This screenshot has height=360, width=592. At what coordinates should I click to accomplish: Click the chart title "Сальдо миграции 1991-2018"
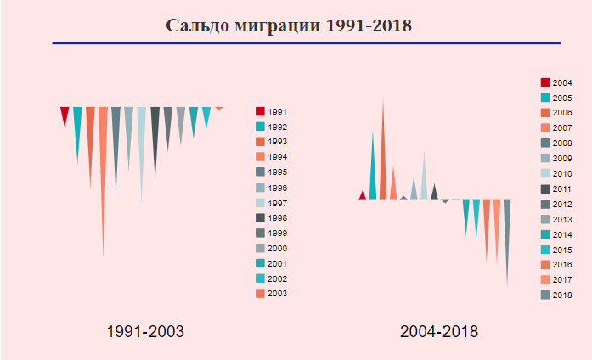tap(289, 25)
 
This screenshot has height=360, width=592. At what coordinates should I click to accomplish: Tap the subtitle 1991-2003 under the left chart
tap(145, 331)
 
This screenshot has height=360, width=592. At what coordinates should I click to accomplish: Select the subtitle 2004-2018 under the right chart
tap(439, 331)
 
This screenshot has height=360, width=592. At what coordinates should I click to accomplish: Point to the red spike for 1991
tap(65, 114)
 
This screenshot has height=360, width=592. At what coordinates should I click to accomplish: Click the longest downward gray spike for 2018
tap(507, 229)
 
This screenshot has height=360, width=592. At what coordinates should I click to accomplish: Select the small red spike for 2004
tap(363, 196)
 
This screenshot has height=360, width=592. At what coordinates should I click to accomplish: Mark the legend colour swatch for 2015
tap(545, 250)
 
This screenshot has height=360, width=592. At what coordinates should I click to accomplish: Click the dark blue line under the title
tap(306, 42)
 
